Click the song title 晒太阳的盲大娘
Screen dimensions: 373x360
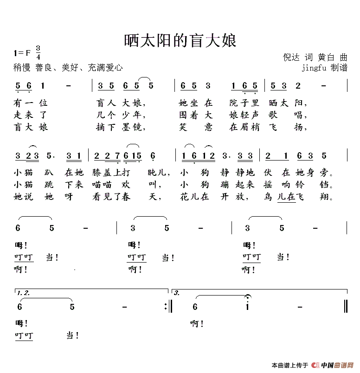coord(180,41)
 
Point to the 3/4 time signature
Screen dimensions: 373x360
coord(38,52)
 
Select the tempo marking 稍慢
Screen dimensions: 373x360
coord(22,68)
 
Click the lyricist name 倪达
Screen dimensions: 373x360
coord(292,58)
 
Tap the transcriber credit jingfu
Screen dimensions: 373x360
coord(315,68)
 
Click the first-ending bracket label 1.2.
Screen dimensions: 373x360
coord(23,293)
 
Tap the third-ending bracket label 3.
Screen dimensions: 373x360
coord(177,293)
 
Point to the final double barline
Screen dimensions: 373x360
coord(346,307)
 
